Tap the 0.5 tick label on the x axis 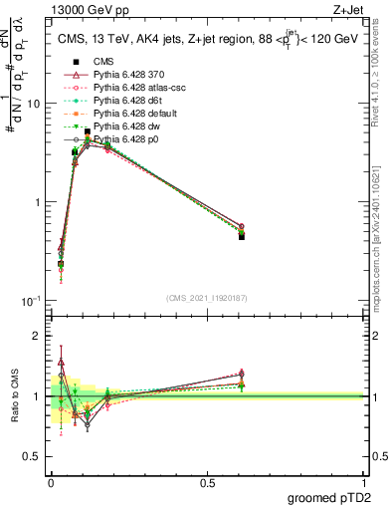[207, 482]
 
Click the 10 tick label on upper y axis [32, 105]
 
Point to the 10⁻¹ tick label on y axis [30, 300]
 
